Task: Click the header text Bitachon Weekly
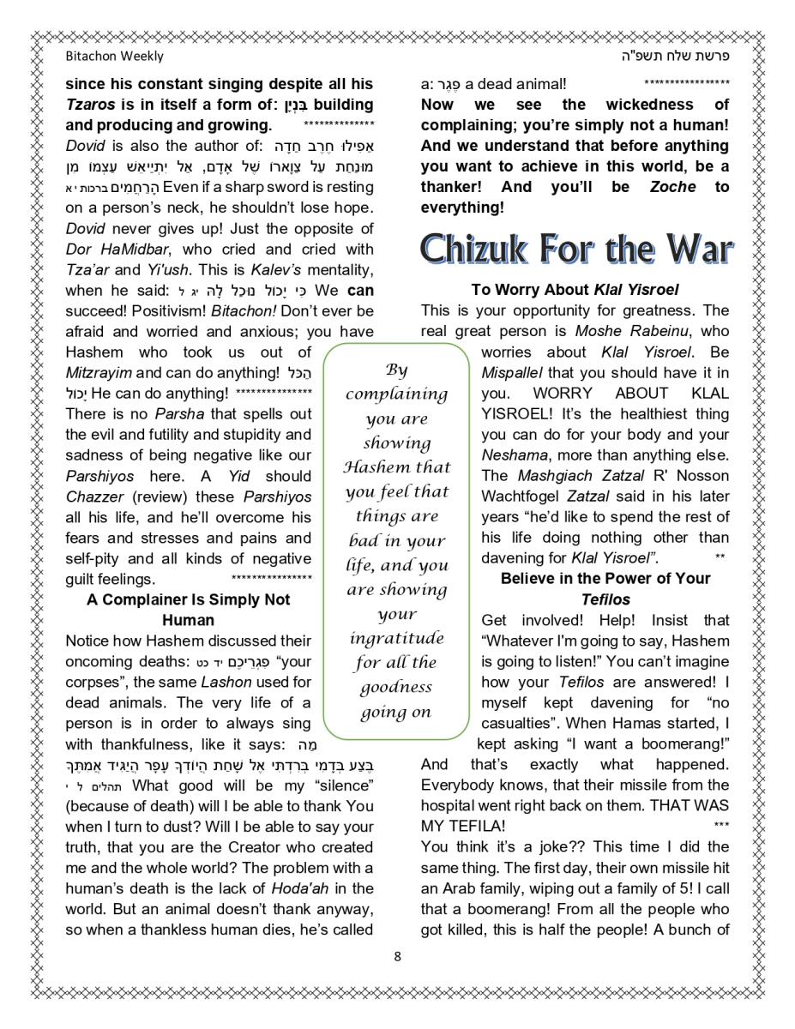pos(114,57)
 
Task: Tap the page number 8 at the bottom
pos(397,956)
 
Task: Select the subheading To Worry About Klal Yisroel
pos(575,290)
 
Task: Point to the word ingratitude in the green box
pos(396,639)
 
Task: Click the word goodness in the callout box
pos(396,687)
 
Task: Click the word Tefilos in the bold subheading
pos(605,599)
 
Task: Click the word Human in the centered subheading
pos(189,619)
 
